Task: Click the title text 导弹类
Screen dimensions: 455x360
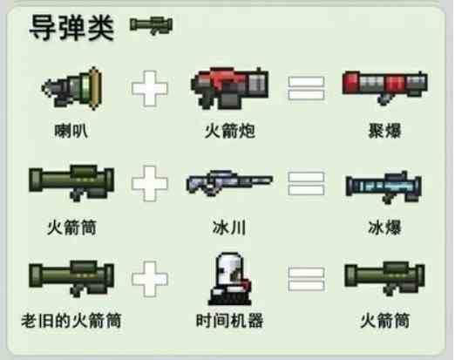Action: pos(71,28)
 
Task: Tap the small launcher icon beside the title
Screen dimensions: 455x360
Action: pos(151,25)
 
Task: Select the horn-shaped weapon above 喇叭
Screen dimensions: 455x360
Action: pos(72,88)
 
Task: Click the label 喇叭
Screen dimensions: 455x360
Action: pos(71,131)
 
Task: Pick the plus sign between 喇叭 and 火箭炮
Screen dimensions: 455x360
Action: pos(150,88)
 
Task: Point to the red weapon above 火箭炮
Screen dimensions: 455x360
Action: pos(229,88)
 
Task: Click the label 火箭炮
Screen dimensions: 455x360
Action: pos(230,131)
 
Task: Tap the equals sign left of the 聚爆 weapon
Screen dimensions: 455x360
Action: pos(306,88)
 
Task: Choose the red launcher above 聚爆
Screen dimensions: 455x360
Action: pos(384,87)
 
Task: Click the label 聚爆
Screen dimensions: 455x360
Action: pos(384,131)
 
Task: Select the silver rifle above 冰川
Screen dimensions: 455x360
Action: pos(229,183)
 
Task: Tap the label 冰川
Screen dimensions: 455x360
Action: pos(229,228)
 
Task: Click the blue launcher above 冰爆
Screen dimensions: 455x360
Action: pos(384,187)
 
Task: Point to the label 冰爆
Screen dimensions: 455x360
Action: pos(384,228)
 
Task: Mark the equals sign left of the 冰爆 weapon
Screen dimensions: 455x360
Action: pos(306,184)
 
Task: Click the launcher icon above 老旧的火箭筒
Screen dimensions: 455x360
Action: pos(71,278)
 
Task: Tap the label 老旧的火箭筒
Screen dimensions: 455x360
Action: pos(71,321)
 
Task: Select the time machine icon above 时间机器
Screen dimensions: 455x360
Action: pos(230,279)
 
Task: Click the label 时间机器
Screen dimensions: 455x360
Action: pos(229,321)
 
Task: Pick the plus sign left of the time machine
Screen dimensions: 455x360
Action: pos(150,279)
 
